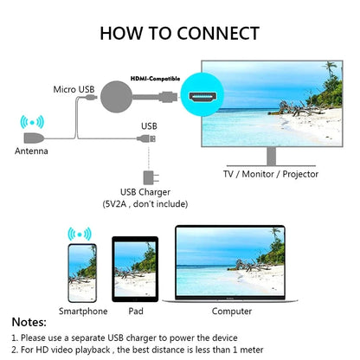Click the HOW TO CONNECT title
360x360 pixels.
179,34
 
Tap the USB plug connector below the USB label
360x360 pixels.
148,138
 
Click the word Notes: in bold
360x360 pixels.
29,322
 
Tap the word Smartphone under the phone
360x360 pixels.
83,311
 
